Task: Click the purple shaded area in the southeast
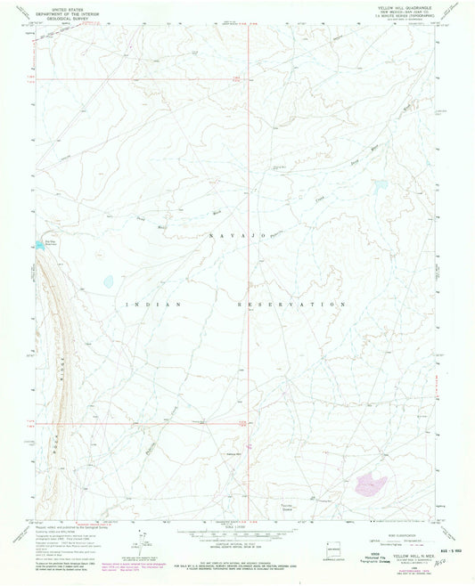[x=370, y=484]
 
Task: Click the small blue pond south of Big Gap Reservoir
[x=108, y=281]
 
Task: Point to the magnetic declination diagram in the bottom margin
[x=134, y=541]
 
